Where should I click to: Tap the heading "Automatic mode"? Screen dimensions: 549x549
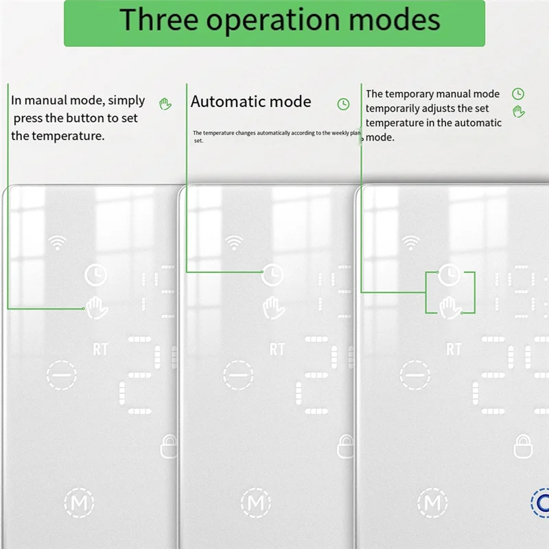pos(250,102)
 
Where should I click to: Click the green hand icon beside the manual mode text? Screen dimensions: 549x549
pos(165,104)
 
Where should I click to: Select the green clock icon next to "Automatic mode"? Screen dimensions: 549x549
pos(343,104)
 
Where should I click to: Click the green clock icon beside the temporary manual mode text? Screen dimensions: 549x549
pos(518,94)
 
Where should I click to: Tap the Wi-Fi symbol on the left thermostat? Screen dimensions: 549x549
pos(58,242)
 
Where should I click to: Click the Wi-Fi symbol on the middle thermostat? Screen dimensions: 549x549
pos(235,242)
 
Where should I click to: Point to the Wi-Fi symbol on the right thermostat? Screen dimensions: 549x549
pos(411,242)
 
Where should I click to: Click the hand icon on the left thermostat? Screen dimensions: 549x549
pos(97,307)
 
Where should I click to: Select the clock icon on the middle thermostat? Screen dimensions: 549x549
pos(273,274)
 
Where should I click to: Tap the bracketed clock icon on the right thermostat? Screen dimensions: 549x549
pos(449,274)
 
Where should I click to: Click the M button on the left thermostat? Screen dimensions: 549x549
pos(79,503)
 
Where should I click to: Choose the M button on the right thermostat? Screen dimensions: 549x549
pos(432,503)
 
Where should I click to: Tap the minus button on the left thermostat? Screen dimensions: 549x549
pos(61,375)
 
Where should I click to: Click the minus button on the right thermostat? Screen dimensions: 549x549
pos(414,375)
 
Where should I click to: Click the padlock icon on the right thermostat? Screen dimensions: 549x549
pos(522,446)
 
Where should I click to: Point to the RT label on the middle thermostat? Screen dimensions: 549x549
pos(277,350)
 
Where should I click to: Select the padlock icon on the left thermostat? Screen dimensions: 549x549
pos(169,446)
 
